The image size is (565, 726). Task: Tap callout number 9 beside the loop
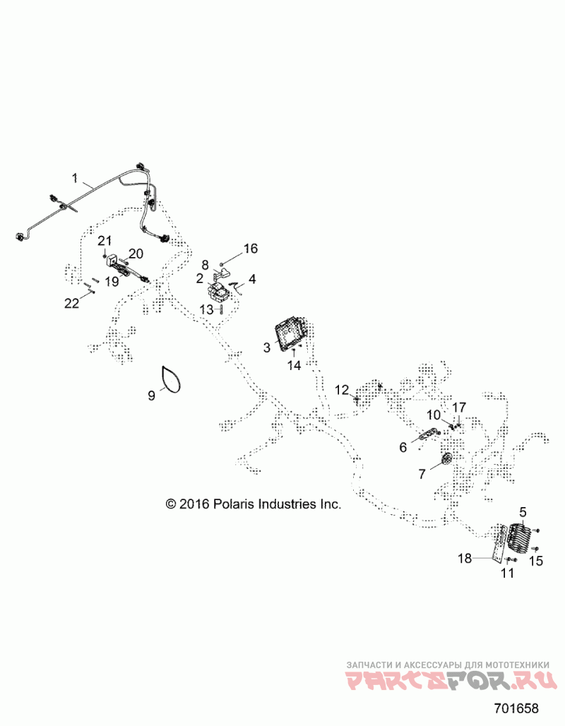151,395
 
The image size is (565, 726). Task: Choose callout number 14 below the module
293,365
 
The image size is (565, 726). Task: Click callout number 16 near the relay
251,249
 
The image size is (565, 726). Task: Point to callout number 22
71,303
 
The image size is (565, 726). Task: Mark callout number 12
341,390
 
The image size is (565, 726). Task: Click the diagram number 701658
515,707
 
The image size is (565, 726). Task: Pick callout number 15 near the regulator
537,562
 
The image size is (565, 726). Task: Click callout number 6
403,447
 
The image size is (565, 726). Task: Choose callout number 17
459,407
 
